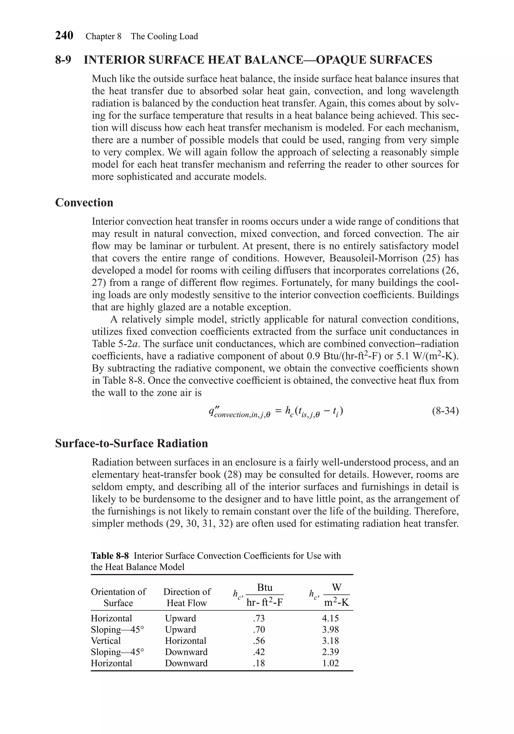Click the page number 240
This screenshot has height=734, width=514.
[64, 35]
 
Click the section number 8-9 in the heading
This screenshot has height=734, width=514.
[63, 60]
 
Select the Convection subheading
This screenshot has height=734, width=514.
[84, 202]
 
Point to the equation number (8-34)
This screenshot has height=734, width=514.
[445, 411]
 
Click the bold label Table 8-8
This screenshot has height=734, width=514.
[110, 555]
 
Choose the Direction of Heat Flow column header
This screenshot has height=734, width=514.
[187, 597]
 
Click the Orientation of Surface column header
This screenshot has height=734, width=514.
[118, 597]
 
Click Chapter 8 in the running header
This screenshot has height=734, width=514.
[103, 36]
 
